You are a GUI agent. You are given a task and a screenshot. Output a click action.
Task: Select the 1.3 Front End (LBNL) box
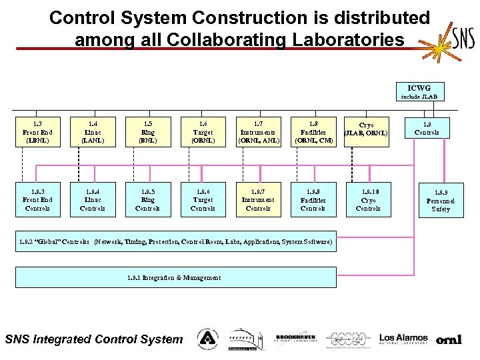tap(37, 132)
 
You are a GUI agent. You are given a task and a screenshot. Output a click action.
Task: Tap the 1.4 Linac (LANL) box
tap(92, 132)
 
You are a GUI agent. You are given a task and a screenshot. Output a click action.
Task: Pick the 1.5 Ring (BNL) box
tap(147, 132)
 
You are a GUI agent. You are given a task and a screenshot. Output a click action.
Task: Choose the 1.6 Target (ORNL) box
tap(203, 132)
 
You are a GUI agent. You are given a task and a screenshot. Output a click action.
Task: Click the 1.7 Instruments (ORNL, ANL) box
tap(258, 132)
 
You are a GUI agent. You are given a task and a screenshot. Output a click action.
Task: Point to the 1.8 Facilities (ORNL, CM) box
tap(313, 132)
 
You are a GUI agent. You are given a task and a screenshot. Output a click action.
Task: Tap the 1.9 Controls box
tap(427, 128)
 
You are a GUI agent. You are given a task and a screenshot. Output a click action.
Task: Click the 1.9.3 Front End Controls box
tap(37, 199)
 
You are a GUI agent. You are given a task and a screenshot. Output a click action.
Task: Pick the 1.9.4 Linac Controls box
tap(92, 199)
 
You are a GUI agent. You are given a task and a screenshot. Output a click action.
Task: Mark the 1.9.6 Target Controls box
tap(203, 199)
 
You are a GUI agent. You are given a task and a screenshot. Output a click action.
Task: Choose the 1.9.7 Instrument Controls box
tap(258, 199)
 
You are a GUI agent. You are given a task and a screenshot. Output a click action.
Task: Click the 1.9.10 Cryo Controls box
tap(368, 199)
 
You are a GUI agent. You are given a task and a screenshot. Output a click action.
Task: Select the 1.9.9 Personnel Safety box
tap(440, 201)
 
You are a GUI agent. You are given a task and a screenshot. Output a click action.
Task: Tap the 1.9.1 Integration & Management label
tap(174, 277)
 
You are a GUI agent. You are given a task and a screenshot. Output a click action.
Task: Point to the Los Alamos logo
tap(403, 339)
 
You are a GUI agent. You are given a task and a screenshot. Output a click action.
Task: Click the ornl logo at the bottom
tap(449, 339)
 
